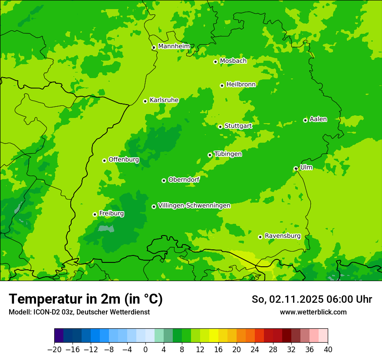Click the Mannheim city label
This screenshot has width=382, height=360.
pyautogui.click(x=174, y=46)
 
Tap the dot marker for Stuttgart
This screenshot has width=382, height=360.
pyautogui.click(x=221, y=127)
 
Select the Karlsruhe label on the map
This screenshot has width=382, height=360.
pyautogui.click(x=164, y=100)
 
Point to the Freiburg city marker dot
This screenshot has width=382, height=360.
pyautogui.click(x=95, y=214)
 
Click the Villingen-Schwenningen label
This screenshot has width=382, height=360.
pyautogui.click(x=194, y=206)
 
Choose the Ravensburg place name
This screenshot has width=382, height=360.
pyautogui.click(x=283, y=236)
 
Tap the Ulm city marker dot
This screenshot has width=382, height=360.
pyautogui.click(x=296, y=169)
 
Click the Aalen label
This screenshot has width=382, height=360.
pyautogui.click(x=318, y=119)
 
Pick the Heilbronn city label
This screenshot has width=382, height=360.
pyautogui.click(x=241, y=85)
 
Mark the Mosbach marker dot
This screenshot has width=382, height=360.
pyautogui.click(x=215, y=62)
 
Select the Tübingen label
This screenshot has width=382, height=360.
pyautogui.click(x=228, y=154)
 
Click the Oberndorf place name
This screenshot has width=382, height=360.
pyautogui.click(x=184, y=180)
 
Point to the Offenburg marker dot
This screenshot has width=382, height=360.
pyautogui.click(x=104, y=160)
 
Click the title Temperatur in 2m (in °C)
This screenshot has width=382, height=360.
pyautogui.click(x=86, y=299)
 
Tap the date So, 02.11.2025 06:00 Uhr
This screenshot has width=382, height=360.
pyautogui.click(x=312, y=299)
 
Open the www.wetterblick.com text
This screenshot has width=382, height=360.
pyautogui.click(x=313, y=312)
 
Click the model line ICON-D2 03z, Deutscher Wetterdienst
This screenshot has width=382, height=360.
pyautogui.click(x=79, y=312)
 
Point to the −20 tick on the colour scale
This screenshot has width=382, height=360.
pyautogui.click(x=54, y=350)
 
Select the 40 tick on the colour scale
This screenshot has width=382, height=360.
pyautogui.click(x=328, y=350)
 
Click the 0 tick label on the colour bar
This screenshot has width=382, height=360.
pyautogui.click(x=145, y=350)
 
